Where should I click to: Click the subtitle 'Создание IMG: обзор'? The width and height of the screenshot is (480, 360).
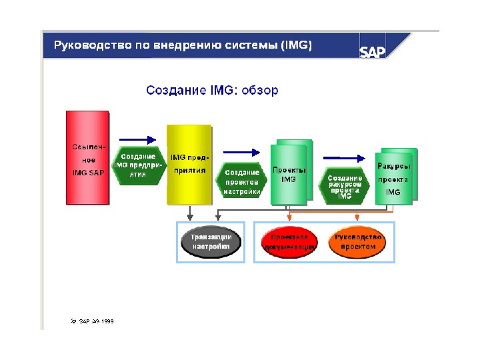coord(212,89)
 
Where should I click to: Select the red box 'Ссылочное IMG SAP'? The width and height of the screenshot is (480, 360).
coord(89,157)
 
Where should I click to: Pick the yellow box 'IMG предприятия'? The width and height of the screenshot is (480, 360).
coord(188,164)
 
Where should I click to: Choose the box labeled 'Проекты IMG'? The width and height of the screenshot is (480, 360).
coord(289,173)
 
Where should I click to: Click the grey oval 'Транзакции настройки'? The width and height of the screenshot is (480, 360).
coord(211,242)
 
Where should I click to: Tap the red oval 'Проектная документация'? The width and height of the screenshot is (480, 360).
coord(289,242)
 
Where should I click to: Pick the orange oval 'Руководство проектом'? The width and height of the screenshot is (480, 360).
coord(357,242)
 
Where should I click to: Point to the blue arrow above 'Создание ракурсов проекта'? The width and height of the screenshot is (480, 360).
coord(345,158)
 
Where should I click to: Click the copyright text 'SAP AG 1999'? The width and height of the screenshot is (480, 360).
coord(93,321)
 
